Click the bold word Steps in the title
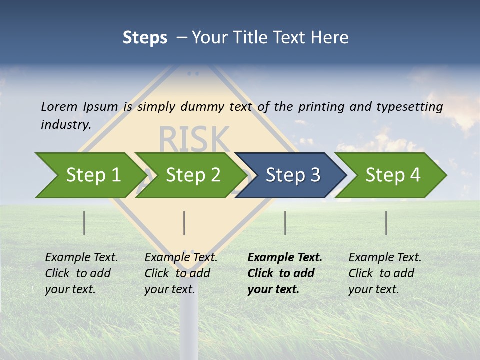pyautogui.click(x=145, y=37)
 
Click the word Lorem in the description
pyautogui.click(x=59, y=106)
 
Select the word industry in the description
pyautogui.click(x=65, y=124)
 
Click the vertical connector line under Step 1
pyautogui.click(x=84, y=223)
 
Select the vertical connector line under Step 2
pyautogui.click(x=184, y=223)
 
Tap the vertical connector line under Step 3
pyautogui.click(x=285, y=223)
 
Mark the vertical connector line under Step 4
pyautogui.click(x=386, y=223)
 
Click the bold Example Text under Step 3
pyautogui.click(x=285, y=273)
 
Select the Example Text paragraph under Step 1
pyautogui.click(x=81, y=273)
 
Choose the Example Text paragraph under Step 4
pyautogui.click(x=385, y=273)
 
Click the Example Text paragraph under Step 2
pyautogui.click(x=181, y=273)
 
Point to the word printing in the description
pyautogui.click(x=321, y=106)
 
